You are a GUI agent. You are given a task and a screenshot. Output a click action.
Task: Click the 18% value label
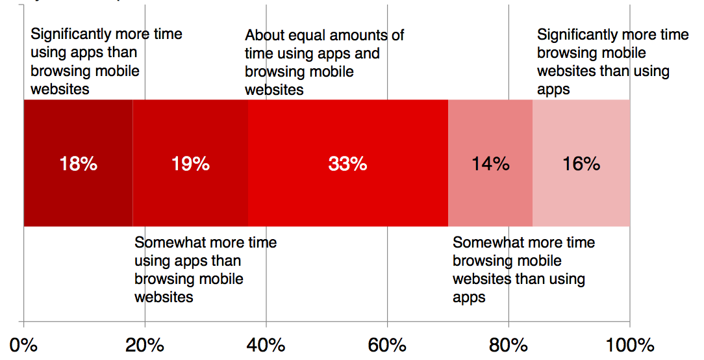coord(78,164)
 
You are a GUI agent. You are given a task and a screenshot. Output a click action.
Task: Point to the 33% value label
coord(347,164)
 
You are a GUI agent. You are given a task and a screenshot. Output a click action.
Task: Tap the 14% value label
coord(490,164)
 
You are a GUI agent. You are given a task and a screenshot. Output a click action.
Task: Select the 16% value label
coord(581,164)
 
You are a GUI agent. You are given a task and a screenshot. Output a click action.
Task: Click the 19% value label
coord(190,164)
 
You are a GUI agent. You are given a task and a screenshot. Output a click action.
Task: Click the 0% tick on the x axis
coord(23,344)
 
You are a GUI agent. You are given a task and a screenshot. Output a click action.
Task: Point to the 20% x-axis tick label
coord(145,344)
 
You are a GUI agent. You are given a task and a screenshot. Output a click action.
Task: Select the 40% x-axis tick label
coord(266,344)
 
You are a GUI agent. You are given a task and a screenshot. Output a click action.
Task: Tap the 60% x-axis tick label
coord(387,344)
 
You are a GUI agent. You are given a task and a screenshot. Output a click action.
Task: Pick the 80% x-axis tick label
coord(509,344)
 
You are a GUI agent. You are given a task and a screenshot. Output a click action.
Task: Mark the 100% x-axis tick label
coord(629,344)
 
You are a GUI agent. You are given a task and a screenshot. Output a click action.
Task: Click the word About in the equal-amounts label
coord(265,35)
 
